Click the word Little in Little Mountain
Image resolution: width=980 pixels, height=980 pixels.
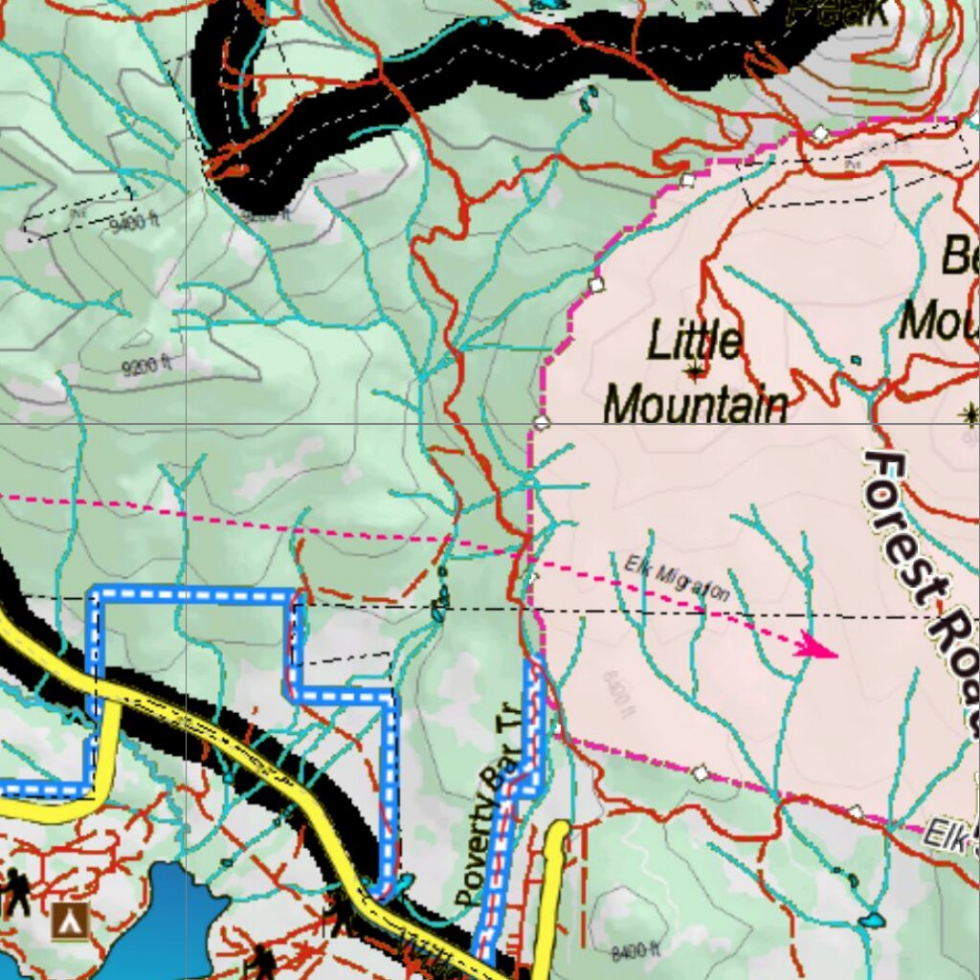[x=694, y=341]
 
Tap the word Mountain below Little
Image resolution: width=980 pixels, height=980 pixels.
[x=696, y=405]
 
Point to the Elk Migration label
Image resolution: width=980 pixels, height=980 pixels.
[x=677, y=578]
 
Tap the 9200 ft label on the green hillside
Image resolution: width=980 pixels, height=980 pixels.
[x=147, y=365]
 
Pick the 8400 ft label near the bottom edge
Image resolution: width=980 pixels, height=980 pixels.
[x=635, y=951]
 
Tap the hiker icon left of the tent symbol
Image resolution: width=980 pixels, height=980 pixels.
[x=16, y=893]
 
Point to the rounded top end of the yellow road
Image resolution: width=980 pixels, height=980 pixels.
[x=557, y=832]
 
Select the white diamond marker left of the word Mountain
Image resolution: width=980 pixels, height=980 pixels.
[x=542, y=422]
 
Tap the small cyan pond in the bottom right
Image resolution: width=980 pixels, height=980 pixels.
[x=871, y=922]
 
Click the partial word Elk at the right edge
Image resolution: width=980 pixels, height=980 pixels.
[x=952, y=835]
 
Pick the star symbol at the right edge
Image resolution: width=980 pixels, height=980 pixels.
[x=969, y=413]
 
